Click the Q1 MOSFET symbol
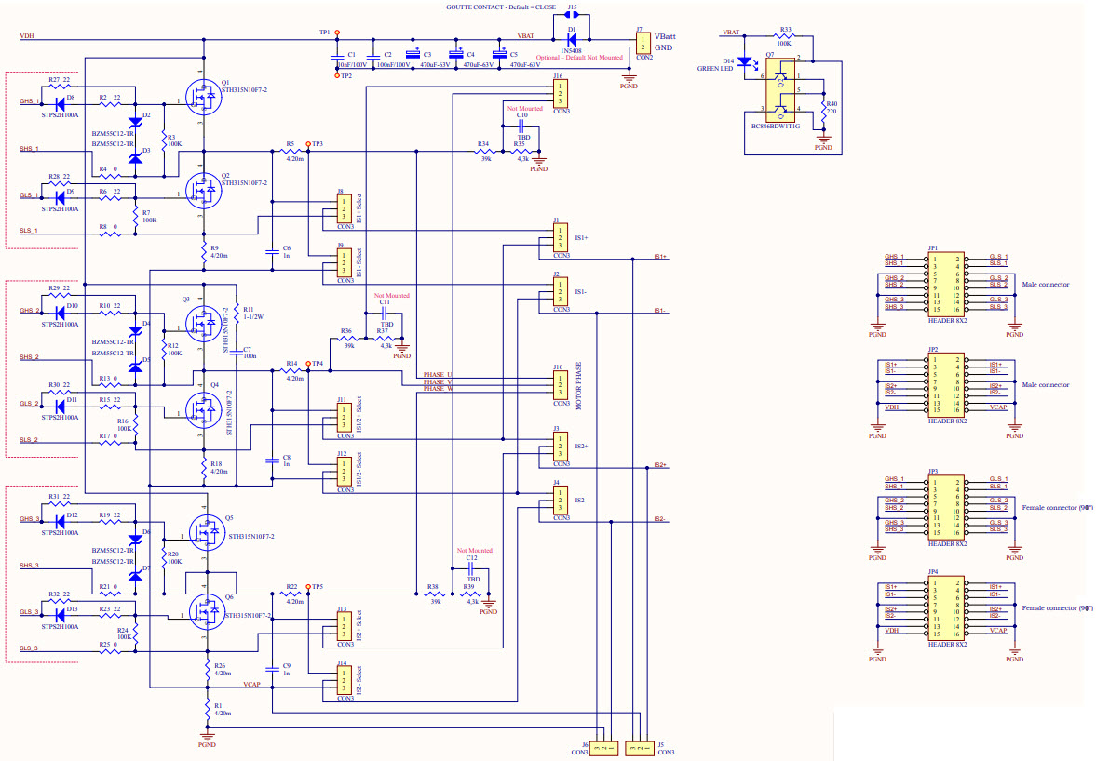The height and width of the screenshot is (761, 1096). click(x=202, y=98)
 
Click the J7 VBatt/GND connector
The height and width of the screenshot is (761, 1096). click(x=640, y=43)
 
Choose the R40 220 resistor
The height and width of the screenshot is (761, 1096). click(x=824, y=111)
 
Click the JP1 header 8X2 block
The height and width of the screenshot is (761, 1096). click(x=947, y=282)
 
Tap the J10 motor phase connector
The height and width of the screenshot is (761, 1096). click(x=559, y=384)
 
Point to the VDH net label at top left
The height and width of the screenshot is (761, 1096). click(x=27, y=36)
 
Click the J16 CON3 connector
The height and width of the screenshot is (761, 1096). click(x=559, y=94)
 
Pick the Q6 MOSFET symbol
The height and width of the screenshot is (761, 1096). click(x=202, y=611)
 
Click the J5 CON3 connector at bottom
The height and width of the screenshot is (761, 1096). click(x=640, y=746)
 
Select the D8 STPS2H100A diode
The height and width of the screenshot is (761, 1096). click(x=61, y=102)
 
